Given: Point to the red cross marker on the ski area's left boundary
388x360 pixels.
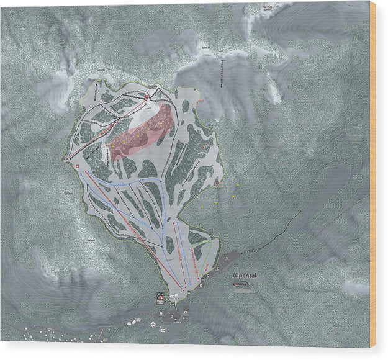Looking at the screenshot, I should click(x=76, y=168).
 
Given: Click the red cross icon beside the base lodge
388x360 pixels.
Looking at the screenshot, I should click(x=160, y=297).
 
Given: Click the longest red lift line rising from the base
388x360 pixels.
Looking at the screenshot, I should click(x=133, y=229).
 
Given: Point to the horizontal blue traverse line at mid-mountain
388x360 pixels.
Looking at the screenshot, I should click(x=127, y=184).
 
